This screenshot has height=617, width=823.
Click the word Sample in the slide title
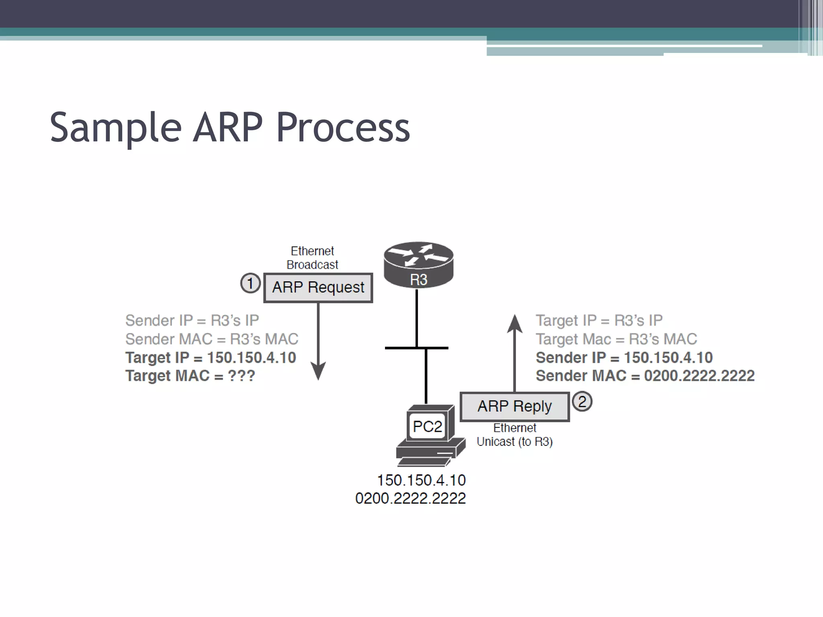116,128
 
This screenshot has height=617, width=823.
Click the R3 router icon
418,265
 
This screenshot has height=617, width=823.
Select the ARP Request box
318,288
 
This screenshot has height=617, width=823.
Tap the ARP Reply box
514,407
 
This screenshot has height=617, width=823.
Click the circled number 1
250,283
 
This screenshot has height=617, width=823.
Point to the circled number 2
582,401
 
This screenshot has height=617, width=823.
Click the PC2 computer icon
429,435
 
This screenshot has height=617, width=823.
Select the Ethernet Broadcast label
312,258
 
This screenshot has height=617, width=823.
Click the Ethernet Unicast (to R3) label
514,435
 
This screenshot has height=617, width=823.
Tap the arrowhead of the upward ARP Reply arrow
514,324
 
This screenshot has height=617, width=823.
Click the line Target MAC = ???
190,376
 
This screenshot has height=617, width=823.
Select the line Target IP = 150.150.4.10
211,358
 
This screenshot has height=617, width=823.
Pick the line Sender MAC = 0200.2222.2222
645,376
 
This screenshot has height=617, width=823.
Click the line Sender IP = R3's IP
192,321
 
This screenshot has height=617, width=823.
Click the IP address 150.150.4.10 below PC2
421,480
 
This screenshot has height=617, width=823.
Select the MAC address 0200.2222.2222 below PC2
410,499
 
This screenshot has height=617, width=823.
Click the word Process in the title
343,128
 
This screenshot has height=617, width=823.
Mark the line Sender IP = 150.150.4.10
624,358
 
